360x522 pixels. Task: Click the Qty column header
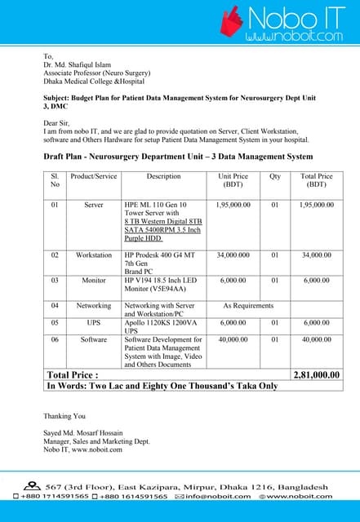pos(275,176)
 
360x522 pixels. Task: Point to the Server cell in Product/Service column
pos(94,205)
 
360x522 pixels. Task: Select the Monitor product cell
pos(94,281)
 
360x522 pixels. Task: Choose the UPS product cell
pos(94,323)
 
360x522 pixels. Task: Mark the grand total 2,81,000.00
pos(316,374)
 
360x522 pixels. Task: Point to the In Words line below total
pos(162,387)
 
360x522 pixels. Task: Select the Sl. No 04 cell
pos(55,306)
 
